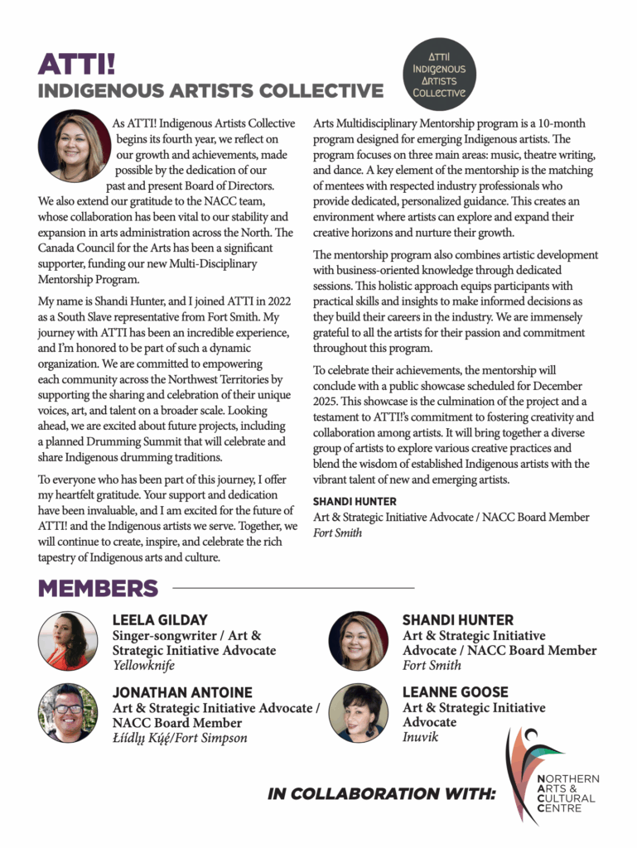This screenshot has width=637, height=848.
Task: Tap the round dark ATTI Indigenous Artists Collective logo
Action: pos(439,75)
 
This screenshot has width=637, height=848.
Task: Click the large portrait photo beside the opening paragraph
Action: pos(75,147)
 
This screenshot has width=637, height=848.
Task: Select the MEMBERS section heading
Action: pos(98,589)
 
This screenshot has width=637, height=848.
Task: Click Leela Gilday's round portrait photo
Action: pos(68,641)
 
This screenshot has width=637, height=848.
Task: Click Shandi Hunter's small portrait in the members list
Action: pos(358,641)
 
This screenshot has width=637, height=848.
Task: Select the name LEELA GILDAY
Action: pos(160,620)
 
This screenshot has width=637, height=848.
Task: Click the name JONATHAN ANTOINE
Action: pos(182,692)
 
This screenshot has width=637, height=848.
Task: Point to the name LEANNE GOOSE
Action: pos(455,692)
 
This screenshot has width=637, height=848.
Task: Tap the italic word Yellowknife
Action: pos(143,666)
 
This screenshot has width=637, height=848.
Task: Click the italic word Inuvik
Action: pos(420,736)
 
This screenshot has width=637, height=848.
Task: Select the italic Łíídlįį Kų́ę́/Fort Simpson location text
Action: pos(180,738)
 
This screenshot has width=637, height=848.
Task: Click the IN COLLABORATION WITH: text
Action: pos(381,794)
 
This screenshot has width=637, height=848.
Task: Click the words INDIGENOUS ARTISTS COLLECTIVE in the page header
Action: pos(210,90)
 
